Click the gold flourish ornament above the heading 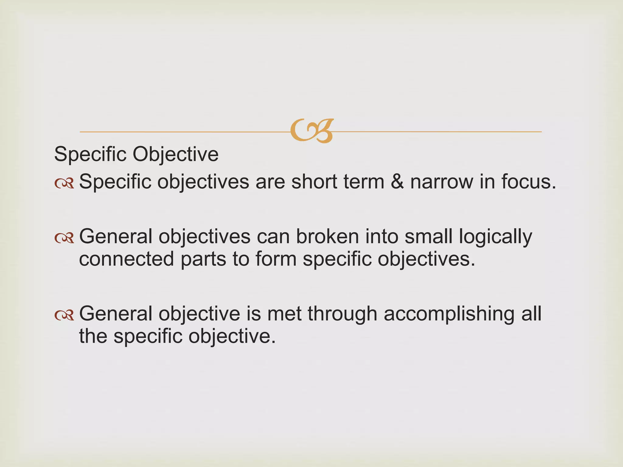click(x=312, y=131)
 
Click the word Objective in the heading click(x=176, y=154)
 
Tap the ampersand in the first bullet click(x=397, y=182)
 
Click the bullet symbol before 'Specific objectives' click(x=64, y=183)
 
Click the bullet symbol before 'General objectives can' click(x=64, y=238)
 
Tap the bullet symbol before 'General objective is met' click(x=64, y=315)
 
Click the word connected click(x=127, y=259)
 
